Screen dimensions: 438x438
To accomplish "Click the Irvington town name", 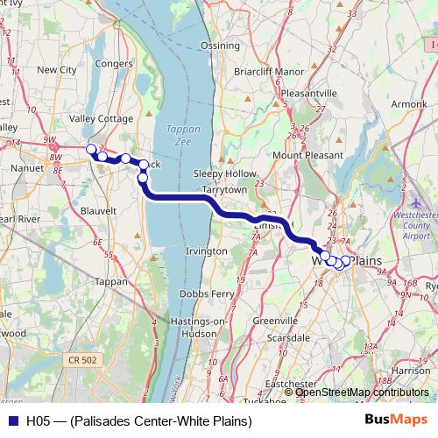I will (x=207, y=251).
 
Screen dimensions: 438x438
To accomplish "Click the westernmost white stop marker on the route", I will (x=90, y=149).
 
